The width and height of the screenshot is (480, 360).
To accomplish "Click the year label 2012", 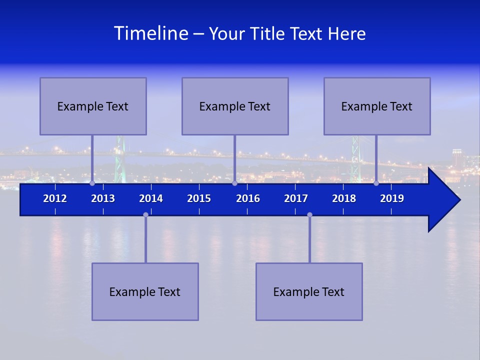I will (x=55, y=198).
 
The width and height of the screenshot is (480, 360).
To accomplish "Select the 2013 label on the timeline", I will (x=103, y=198).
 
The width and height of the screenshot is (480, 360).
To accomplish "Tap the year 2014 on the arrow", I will (x=151, y=198).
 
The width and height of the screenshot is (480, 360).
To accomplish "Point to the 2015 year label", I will (x=199, y=198).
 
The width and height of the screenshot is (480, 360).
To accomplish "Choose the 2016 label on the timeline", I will (x=248, y=198).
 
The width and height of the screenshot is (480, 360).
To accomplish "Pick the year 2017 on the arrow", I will (x=296, y=198).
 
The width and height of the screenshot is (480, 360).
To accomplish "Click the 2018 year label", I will (x=344, y=198).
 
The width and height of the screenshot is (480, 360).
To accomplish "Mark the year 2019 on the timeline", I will (x=392, y=198).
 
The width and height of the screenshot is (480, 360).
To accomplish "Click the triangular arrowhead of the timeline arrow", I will (x=443, y=200).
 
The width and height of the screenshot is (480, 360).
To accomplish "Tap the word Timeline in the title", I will (x=151, y=33).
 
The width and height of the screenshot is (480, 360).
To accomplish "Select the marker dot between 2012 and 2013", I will (x=92, y=183).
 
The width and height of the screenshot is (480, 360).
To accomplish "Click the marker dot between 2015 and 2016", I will (x=234, y=183).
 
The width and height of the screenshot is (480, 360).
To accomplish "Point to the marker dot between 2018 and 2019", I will (x=376, y=183).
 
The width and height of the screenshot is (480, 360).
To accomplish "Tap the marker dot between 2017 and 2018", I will (x=309, y=215).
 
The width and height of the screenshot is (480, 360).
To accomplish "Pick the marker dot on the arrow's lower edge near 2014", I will (x=145, y=215).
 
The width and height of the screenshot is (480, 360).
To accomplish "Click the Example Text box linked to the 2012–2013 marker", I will (x=93, y=106).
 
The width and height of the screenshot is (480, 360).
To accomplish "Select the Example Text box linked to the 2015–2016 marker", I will (x=235, y=106).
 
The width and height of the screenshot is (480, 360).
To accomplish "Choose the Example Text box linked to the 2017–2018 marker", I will (x=309, y=291).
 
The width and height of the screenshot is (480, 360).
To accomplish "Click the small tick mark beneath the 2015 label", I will (x=199, y=211).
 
